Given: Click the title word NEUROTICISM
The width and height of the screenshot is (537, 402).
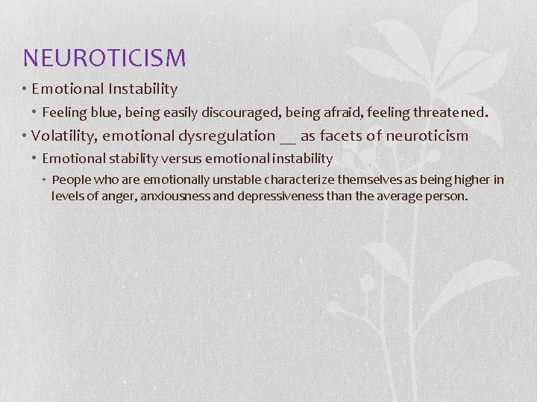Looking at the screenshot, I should point(104,57).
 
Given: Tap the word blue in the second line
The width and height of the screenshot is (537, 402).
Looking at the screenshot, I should point(103,113).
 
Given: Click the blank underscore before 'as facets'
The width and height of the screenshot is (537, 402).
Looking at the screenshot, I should point(288,138).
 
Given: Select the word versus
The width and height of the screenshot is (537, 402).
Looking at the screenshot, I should point(180,158).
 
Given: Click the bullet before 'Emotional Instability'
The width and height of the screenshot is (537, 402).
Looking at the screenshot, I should point(25,89).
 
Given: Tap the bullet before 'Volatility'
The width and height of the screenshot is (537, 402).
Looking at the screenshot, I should point(25,135).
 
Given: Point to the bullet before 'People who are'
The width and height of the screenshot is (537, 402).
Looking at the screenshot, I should point(45,179).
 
